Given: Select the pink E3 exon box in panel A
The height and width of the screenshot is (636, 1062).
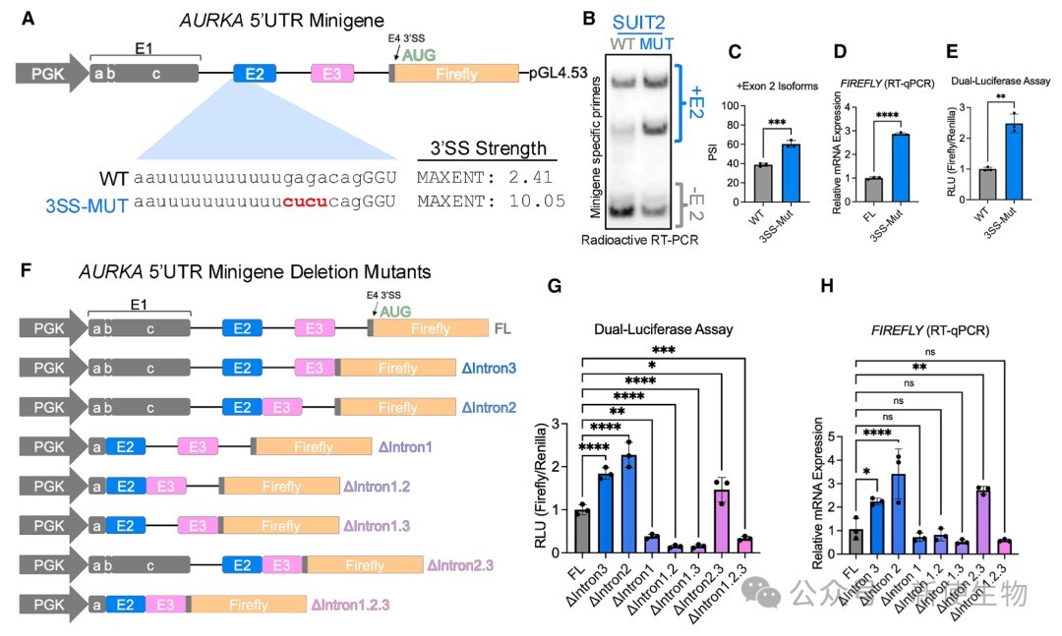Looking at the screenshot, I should point(332,74).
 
